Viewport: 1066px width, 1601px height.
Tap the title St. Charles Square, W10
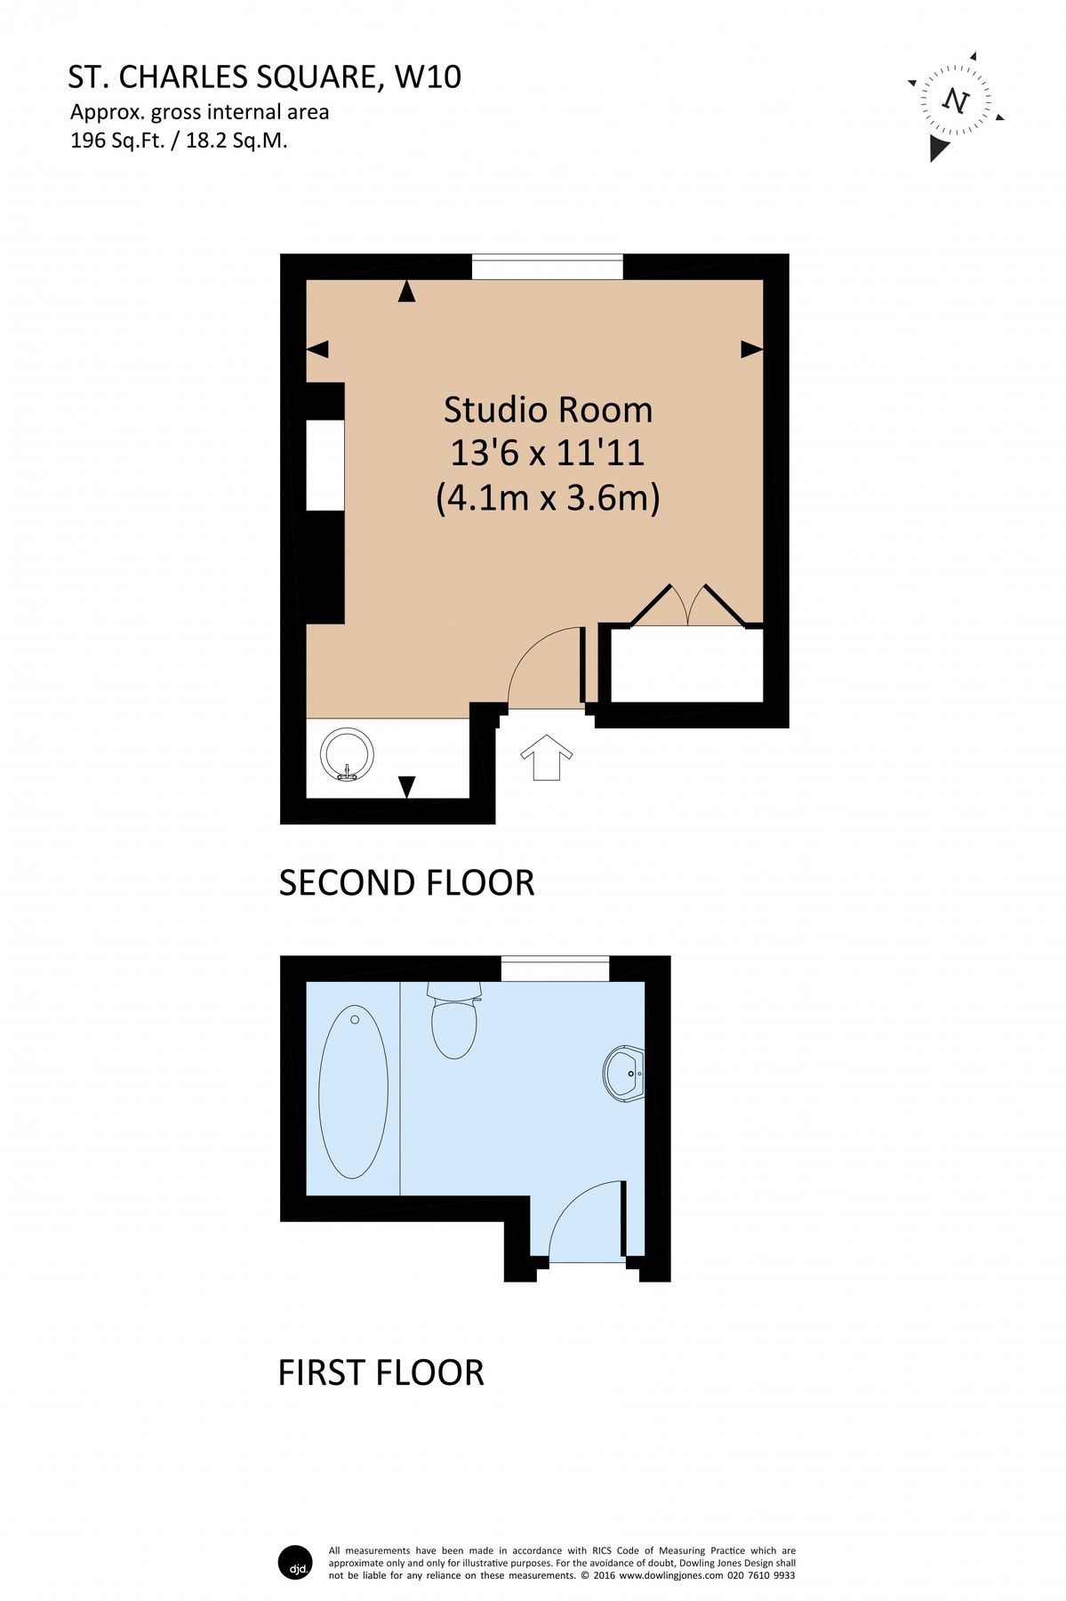pos(265,77)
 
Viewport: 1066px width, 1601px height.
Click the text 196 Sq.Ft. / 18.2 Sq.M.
pos(179,140)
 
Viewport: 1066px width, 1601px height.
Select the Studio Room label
pos(548,410)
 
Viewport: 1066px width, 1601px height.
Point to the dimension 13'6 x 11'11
pos(547,453)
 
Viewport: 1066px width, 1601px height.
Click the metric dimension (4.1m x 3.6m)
pos(548,496)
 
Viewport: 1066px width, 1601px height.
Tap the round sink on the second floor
pos(348,755)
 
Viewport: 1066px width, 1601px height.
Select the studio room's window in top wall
pos(547,267)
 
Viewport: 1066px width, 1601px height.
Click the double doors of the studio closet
pos(685,607)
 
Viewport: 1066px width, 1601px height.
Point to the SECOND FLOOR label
pos(406,882)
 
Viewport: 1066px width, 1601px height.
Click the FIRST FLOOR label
pos(381,1372)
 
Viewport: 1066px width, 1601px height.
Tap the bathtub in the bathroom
pos(353,1091)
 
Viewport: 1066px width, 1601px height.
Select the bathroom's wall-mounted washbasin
pos(625,1074)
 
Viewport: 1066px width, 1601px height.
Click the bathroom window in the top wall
pos(555,969)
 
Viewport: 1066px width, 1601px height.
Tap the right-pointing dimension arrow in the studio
pos(751,350)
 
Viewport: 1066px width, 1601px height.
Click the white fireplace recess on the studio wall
pos(325,465)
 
